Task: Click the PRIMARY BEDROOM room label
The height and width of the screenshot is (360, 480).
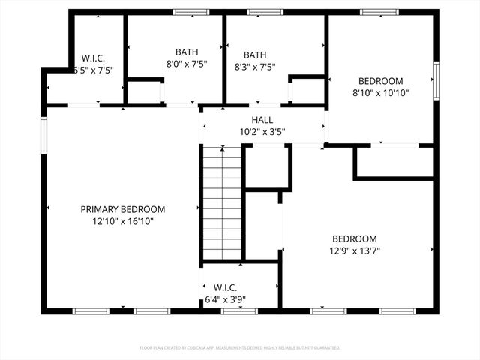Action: click(x=123, y=209)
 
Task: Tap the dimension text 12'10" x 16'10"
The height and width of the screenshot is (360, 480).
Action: click(x=123, y=221)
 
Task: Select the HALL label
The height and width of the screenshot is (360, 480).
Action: click(x=262, y=120)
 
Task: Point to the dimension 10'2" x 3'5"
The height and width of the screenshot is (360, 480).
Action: click(x=262, y=132)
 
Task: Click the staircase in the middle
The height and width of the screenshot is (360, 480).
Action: click(x=222, y=202)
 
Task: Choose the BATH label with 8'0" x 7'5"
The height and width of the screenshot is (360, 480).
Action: click(x=187, y=52)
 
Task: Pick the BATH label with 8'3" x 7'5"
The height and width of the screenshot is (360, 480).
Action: click(x=255, y=55)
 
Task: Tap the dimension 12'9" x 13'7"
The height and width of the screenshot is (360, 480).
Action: click(x=355, y=251)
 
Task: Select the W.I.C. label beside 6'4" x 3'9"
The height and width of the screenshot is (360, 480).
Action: click(x=225, y=287)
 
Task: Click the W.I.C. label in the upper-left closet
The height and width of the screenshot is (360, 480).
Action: click(x=93, y=58)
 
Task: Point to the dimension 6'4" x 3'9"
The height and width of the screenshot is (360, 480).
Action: click(x=225, y=299)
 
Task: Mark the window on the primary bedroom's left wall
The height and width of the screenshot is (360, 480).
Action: click(x=43, y=134)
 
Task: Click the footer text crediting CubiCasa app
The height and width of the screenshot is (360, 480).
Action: click(x=240, y=348)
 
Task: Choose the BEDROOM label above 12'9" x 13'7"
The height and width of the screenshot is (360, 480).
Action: click(x=355, y=239)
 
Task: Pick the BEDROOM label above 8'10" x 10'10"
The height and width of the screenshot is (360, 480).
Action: click(x=380, y=81)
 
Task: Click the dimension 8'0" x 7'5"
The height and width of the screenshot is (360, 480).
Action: click(x=187, y=64)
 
